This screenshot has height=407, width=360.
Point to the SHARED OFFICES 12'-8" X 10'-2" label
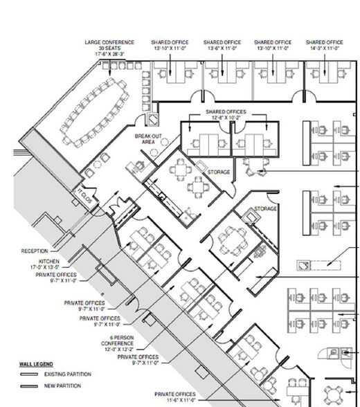(226, 114)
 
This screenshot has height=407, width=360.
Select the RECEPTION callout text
(34, 251)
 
